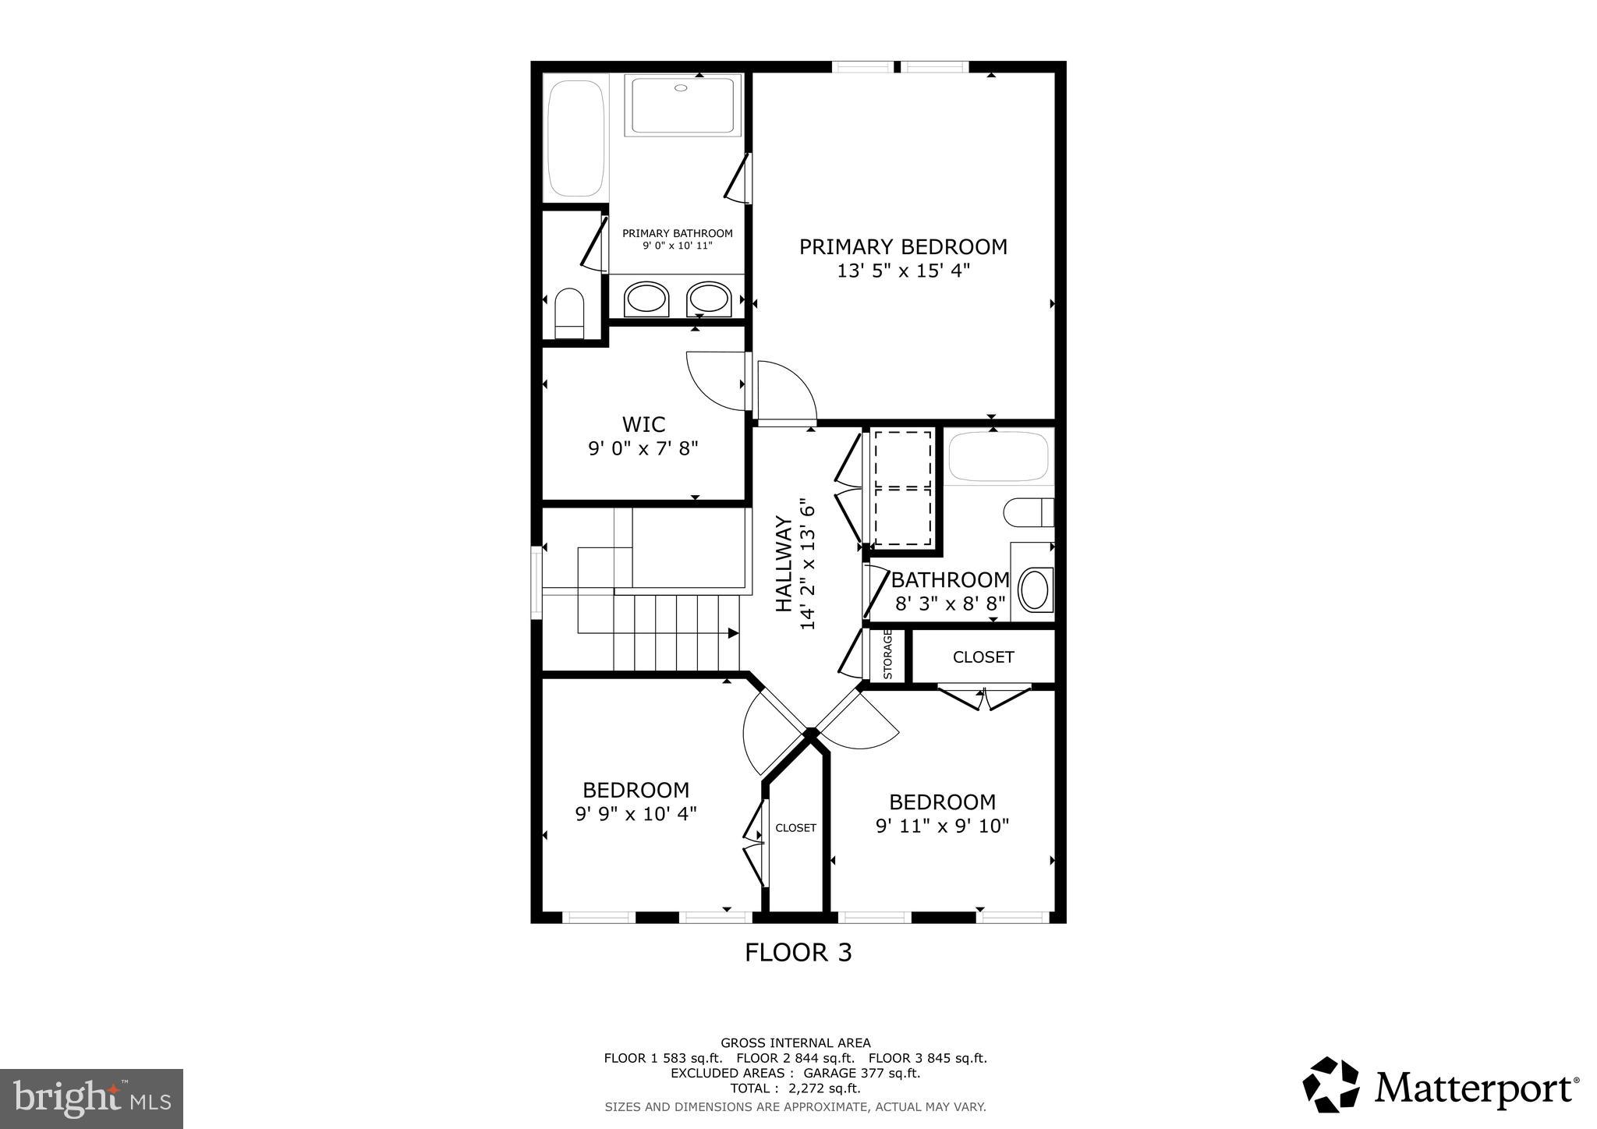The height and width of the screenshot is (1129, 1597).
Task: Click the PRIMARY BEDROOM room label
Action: [903, 247]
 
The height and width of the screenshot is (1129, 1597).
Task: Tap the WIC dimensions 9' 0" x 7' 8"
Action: [643, 448]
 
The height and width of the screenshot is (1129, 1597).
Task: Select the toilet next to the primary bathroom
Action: [569, 313]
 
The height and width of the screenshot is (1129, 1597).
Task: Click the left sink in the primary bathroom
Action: [646, 299]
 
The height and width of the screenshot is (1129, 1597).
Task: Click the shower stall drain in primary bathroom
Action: [681, 88]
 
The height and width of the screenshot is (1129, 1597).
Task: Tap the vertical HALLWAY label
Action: [784, 566]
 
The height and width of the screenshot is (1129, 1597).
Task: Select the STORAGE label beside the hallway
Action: [887, 654]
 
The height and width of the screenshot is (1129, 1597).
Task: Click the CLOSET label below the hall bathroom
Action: [983, 657]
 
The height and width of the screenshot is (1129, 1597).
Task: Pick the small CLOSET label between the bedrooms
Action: [795, 828]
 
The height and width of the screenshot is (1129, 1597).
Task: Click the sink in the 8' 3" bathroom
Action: [1036, 590]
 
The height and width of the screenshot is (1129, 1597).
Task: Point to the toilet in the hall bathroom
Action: [1027, 512]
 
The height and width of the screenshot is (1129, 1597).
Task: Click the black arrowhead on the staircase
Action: [732, 633]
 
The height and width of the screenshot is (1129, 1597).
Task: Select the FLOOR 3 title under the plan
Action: [798, 953]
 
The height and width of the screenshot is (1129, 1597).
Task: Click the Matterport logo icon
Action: [1331, 1085]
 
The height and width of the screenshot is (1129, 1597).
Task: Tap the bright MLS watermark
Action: [91, 1099]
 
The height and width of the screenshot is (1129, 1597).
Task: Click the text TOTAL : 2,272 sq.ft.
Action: [795, 1088]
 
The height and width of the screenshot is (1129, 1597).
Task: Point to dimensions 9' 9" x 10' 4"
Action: [636, 814]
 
